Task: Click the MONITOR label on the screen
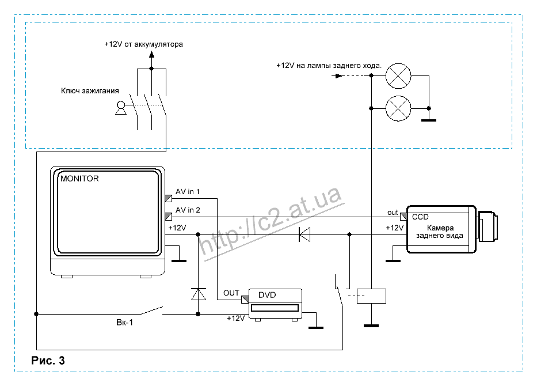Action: (79, 179)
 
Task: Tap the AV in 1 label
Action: (188, 192)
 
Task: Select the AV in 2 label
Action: (188, 210)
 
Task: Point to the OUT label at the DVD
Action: (231, 293)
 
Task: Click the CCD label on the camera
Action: (420, 217)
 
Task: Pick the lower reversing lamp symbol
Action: (397, 107)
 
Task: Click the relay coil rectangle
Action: (371, 296)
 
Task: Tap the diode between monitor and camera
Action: (304, 234)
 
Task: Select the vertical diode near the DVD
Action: (199, 294)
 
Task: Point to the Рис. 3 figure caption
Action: (48, 361)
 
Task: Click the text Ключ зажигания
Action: (90, 90)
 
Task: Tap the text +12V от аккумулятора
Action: (143, 44)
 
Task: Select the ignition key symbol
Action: (121, 108)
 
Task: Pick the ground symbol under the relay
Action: (371, 326)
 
